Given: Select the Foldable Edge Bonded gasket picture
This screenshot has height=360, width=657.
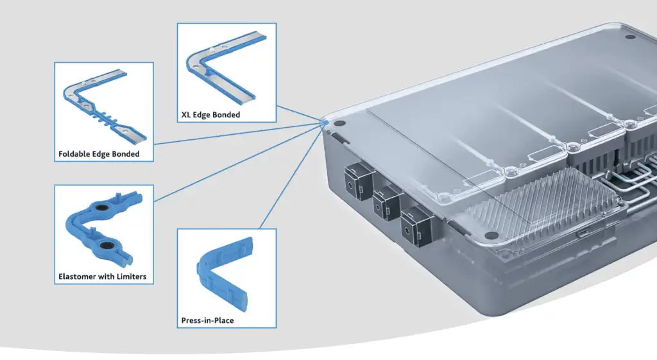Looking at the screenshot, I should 103,109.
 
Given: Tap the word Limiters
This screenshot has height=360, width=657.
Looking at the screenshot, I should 132,277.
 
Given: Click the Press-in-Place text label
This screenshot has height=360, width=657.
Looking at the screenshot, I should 207,320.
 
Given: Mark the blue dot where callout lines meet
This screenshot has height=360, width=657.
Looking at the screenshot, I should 326,122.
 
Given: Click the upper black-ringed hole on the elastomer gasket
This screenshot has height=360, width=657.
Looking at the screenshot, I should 103,208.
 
